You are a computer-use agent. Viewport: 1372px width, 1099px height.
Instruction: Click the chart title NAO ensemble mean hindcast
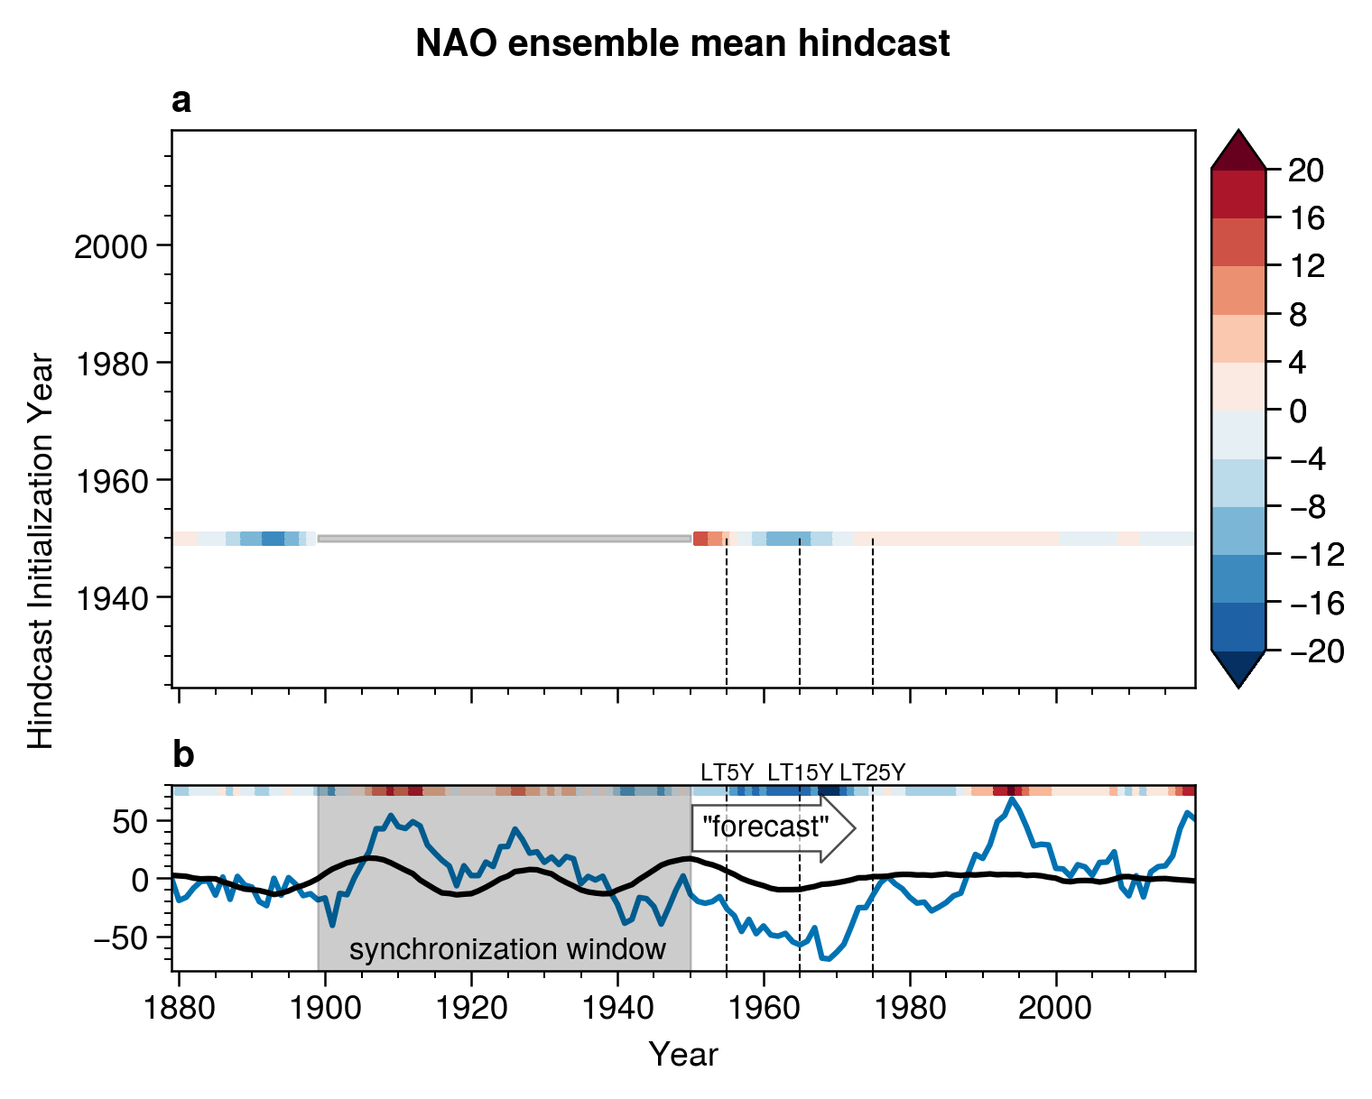pos(682,43)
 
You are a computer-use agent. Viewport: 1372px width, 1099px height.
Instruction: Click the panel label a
pos(181,102)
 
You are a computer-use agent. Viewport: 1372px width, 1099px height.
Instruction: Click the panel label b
pos(182,755)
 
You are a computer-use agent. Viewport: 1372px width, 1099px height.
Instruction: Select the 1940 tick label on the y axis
pos(111,597)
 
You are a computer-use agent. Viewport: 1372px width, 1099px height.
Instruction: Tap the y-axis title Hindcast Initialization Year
pos(42,551)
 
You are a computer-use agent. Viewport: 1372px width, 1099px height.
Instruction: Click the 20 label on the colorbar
pos(1305,170)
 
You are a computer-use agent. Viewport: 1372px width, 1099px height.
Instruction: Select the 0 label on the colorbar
pos(1297,411)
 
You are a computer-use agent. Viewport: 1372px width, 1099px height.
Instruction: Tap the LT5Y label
pos(727,772)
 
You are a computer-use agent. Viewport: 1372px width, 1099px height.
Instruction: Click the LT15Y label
pos(800,772)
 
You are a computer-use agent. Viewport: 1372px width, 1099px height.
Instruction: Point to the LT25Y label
pos(872,772)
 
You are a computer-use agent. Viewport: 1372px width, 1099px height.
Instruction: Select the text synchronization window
pos(507,949)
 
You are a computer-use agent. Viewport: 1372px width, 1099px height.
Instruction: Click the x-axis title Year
pos(683,1054)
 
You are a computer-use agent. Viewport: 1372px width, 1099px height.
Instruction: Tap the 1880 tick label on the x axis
pos(179,1007)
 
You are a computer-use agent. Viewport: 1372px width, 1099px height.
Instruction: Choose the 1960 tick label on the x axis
pos(764,1007)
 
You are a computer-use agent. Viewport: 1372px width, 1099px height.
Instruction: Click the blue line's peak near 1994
pos(1012,799)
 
